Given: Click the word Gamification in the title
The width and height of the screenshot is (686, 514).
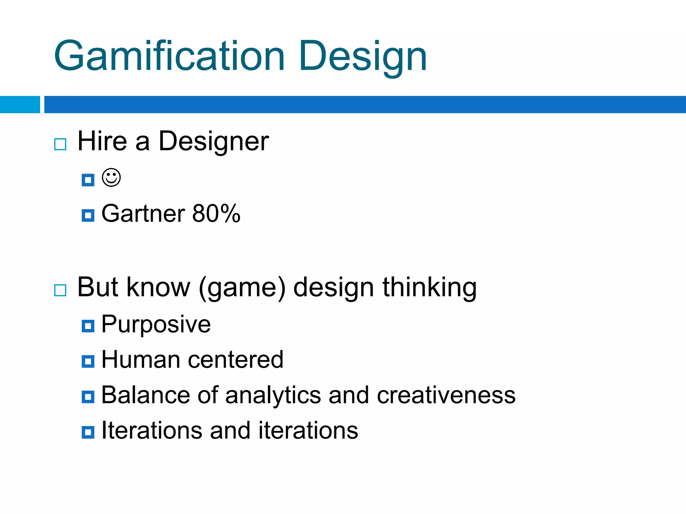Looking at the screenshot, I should click(x=169, y=56).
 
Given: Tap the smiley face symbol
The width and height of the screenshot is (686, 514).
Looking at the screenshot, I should click(x=111, y=178).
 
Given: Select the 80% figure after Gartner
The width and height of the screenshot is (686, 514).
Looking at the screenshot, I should click(x=216, y=213).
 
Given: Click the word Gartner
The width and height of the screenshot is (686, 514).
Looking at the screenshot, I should click(x=143, y=213).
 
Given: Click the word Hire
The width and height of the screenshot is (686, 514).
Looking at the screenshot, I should click(x=102, y=141).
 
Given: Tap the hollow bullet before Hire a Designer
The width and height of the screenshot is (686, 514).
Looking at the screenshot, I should click(x=60, y=144).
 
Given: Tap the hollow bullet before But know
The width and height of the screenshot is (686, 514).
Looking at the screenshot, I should click(x=60, y=290).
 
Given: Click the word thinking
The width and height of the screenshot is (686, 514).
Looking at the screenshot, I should click(x=429, y=288).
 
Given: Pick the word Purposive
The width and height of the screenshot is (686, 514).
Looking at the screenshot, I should click(x=156, y=325).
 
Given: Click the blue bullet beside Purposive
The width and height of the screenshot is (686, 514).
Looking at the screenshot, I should click(x=88, y=326).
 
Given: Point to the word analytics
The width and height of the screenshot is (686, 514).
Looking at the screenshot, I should click(x=273, y=396).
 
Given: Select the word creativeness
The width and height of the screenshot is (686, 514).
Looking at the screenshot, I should click(x=446, y=395).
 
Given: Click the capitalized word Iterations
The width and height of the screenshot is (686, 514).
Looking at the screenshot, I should click(x=152, y=430).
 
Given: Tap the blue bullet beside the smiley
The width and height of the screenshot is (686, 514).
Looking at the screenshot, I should click(x=88, y=180).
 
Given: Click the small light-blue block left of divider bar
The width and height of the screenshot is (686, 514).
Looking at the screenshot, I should click(x=20, y=104).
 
